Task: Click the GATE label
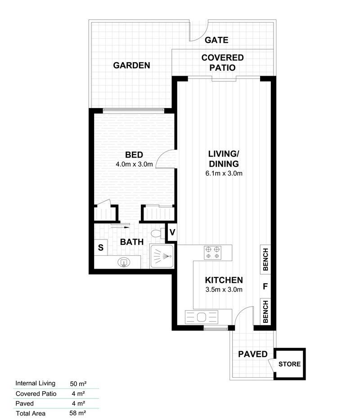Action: coord(216,40)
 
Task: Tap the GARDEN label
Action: coord(131,65)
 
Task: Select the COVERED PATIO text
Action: coord(222,63)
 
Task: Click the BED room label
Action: coord(134,155)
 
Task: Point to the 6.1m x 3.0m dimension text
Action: coord(224,174)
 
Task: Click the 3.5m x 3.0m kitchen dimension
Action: coord(224,289)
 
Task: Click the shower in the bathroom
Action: coord(162,257)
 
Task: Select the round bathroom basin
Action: coord(122,262)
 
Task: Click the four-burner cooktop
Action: coord(212,252)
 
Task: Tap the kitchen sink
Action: coord(201,317)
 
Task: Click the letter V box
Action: coord(172,233)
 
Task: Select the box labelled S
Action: coord(101,247)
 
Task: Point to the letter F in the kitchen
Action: coord(265,286)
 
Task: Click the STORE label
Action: coord(289,364)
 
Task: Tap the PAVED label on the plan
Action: coord(253,354)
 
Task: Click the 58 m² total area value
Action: coord(78,412)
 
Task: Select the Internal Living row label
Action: coord(35,384)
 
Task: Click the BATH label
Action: coord(132,242)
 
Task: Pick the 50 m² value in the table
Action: coord(78,384)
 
